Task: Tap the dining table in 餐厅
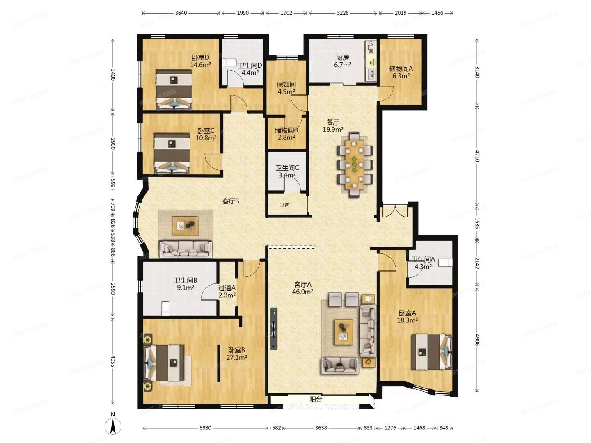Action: pyautogui.click(x=354, y=164)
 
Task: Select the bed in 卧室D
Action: pyautogui.click(x=174, y=89)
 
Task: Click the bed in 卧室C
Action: pyautogui.click(x=172, y=153)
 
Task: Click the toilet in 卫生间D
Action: pyautogui.click(x=229, y=63)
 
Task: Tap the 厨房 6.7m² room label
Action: pyautogui.click(x=342, y=62)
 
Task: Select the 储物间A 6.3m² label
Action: pyautogui.click(x=401, y=72)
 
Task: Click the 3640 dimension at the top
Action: pyautogui.click(x=181, y=13)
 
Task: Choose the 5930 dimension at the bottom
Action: pyautogui.click(x=205, y=428)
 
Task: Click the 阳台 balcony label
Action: pyautogui.click(x=315, y=399)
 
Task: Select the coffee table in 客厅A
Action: pyautogui.click(x=343, y=332)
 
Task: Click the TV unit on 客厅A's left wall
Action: pyautogui.click(x=274, y=329)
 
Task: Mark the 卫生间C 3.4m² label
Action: pyautogui.click(x=287, y=171)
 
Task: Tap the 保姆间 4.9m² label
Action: pyautogui.click(x=286, y=88)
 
